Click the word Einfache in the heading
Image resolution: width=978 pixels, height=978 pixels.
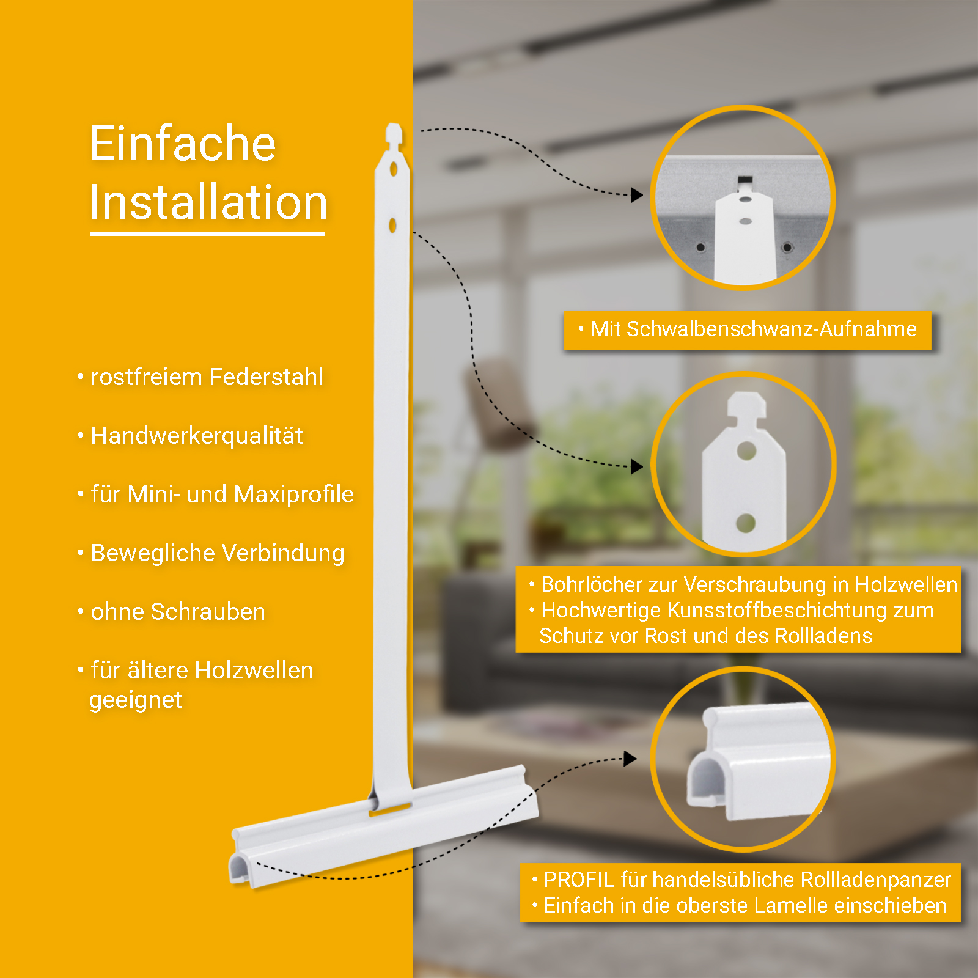[x=183, y=143]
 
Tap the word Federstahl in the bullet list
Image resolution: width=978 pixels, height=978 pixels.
[x=266, y=377]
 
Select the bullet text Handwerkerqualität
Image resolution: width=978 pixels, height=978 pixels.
[x=197, y=435]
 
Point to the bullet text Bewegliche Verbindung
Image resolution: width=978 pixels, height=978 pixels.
[x=218, y=553]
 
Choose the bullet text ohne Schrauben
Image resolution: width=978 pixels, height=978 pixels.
[x=178, y=611]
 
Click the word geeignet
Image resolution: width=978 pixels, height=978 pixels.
[x=136, y=700]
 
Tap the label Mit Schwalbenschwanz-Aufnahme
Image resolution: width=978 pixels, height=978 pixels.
[x=754, y=329]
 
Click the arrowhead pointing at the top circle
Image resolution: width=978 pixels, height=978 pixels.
[x=637, y=195]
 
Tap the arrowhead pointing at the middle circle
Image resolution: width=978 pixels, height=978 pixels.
[x=637, y=467]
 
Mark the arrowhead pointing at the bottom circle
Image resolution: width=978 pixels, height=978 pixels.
[x=630, y=759]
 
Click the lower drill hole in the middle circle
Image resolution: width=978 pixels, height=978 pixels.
[x=746, y=523]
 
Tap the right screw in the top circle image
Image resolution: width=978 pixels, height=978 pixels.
[x=787, y=248]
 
